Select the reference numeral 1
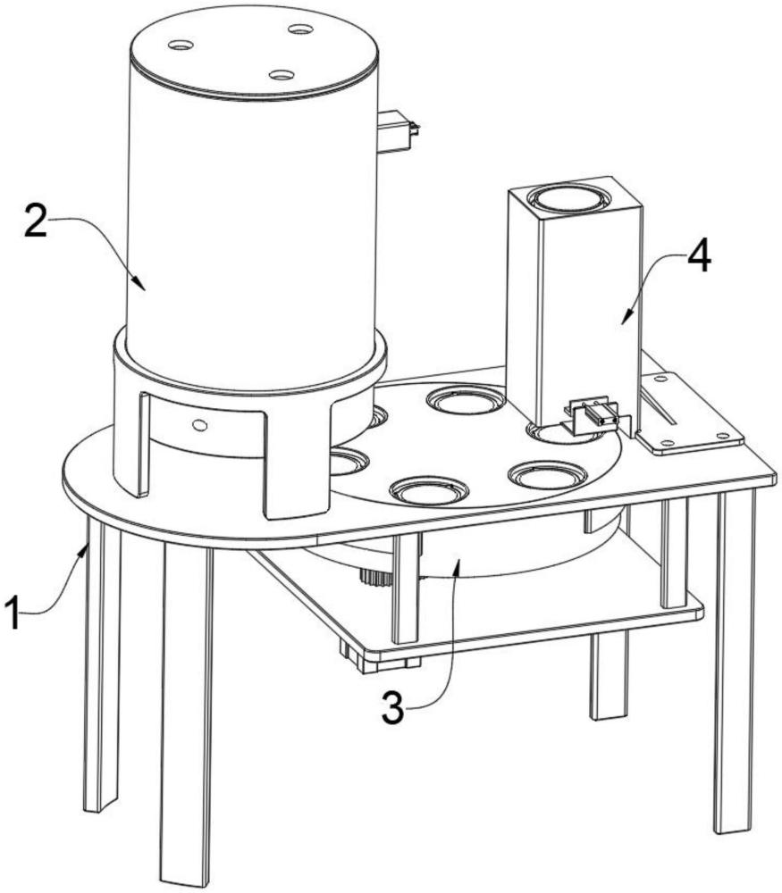[x=14, y=612]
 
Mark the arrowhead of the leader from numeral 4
[x=626, y=319]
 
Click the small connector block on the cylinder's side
[x=398, y=131]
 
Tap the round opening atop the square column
[x=568, y=200]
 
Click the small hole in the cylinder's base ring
[x=199, y=424]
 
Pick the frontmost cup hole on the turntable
[x=428, y=490]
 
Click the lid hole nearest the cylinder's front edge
[x=281, y=75]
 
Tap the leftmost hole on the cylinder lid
[x=181, y=45]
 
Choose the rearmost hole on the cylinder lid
[x=300, y=29]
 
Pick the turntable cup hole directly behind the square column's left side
[x=466, y=400]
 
